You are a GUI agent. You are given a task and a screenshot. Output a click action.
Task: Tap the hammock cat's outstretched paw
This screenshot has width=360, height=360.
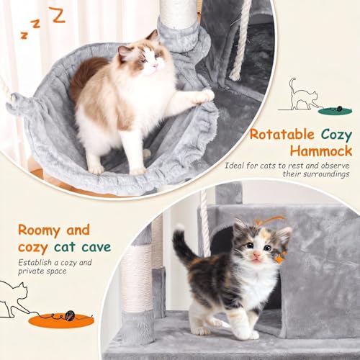pos(204,95)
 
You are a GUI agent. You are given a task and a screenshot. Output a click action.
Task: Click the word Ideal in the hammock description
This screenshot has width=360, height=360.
pos(237,166)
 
